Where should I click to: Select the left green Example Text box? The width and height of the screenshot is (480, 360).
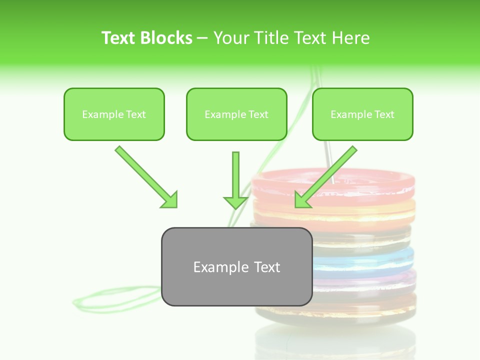pyautogui.click(x=114, y=114)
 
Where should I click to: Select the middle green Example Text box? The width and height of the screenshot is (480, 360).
pyautogui.click(x=236, y=114)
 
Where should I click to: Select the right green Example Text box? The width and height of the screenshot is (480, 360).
pyautogui.click(x=362, y=114)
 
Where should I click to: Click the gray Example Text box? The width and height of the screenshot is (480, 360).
pyautogui.click(x=236, y=267)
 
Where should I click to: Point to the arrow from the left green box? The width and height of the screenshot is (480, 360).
pyautogui.click(x=145, y=176)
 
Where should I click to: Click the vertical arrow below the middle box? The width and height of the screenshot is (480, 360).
pyautogui.click(x=235, y=180)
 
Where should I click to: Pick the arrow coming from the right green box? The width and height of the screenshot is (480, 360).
pyautogui.click(x=327, y=176)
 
